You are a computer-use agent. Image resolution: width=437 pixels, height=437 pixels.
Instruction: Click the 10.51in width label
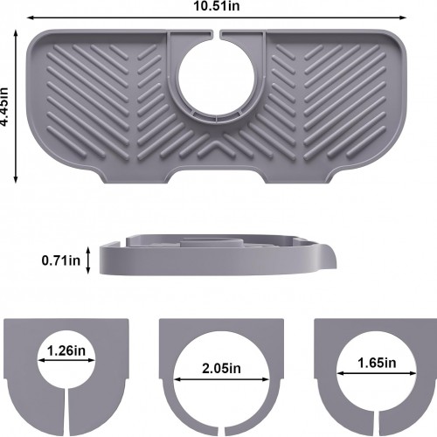pos(217,6)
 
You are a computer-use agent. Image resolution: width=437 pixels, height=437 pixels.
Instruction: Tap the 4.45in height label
pos(4,107)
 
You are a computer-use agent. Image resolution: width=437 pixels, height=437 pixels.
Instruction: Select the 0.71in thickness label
pos(60,260)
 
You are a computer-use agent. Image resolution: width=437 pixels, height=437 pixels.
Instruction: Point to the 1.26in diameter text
pos(66,350)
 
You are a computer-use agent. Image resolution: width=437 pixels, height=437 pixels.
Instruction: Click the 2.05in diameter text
pos(221,369)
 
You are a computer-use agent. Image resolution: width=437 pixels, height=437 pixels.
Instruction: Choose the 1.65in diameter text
pos(377,363)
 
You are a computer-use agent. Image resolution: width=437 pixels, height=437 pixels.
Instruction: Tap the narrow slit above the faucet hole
pos(215,34)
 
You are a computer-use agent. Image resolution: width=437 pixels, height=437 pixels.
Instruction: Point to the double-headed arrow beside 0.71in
pos(88,260)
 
